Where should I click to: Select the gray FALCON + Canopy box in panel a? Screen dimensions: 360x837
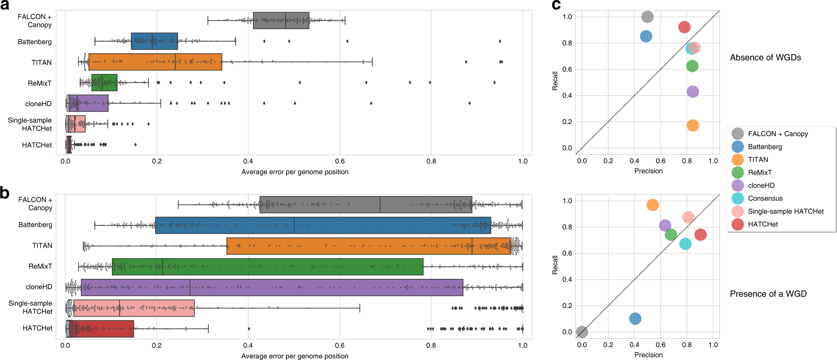pyautogui.click(x=281, y=20)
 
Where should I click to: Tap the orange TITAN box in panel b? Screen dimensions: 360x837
pyautogui.click(x=369, y=246)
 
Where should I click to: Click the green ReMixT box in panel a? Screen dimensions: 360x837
pyautogui.click(x=104, y=82)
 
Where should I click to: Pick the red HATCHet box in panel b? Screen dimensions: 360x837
pyautogui.click(x=100, y=328)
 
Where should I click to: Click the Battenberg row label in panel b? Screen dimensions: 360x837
pyautogui.click(x=35, y=225)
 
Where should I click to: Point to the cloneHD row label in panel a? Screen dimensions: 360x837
pyautogui.click(x=38, y=104)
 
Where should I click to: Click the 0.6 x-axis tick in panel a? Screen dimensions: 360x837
pyautogui.click(x=339, y=161)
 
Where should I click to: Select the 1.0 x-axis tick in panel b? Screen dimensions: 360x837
pyautogui.click(x=523, y=345)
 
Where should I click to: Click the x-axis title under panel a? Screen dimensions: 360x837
pyautogui.click(x=295, y=172)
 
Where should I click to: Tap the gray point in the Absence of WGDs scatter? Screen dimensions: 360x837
pyautogui.click(x=647, y=17)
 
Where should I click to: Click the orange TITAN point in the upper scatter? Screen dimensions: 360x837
pyautogui.click(x=693, y=125)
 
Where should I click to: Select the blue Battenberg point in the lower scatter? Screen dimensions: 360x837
pyautogui.click(x=635, y=319)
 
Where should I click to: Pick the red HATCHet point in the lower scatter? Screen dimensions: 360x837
pyautogui.click(x=701, y=235)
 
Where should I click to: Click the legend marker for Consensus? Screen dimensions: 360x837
pyautogui.click(x=738, y=199)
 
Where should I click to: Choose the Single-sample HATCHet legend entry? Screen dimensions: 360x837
pyautogui.click(x=785, y=211)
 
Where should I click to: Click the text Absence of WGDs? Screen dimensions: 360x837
pyautogui.click(x=765, y=57)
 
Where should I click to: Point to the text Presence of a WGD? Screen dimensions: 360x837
pyautogui.click(x=768, y=294)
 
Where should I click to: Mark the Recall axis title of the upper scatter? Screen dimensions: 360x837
pyautogui.click(x=555, y=81)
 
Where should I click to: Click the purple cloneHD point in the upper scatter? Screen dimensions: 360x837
pyautogui.click(x=693, y=92)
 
